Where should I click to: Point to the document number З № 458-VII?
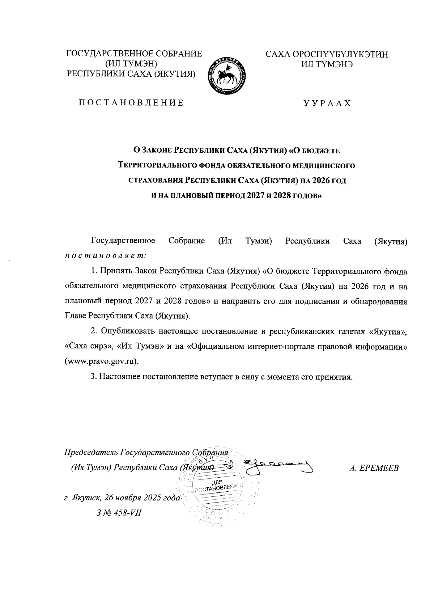pyautogui.click(x=117, y=513)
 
